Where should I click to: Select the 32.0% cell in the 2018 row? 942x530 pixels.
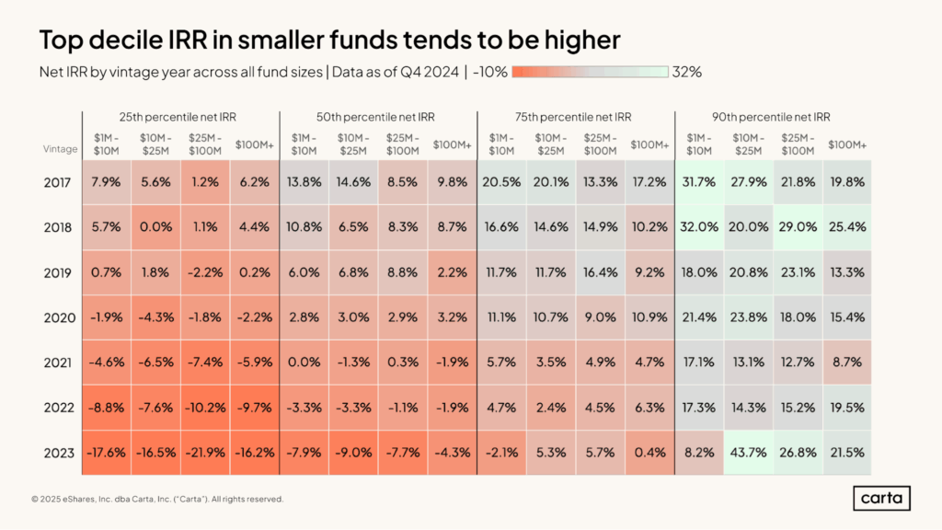(699, 226)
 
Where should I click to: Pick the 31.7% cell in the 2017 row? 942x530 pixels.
(699, 182)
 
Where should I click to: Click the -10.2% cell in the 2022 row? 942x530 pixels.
(204, 407)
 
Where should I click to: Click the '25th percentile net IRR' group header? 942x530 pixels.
(179, 117)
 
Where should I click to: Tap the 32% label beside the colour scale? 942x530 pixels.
(687, 72)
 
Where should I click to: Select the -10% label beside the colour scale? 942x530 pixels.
(490, 72)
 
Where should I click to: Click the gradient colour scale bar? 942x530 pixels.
(590, 72)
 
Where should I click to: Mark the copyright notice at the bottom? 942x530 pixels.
(156, 500)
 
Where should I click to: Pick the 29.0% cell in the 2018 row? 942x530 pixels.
(798, 226)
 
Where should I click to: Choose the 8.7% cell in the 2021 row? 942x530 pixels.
(846, 362)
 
